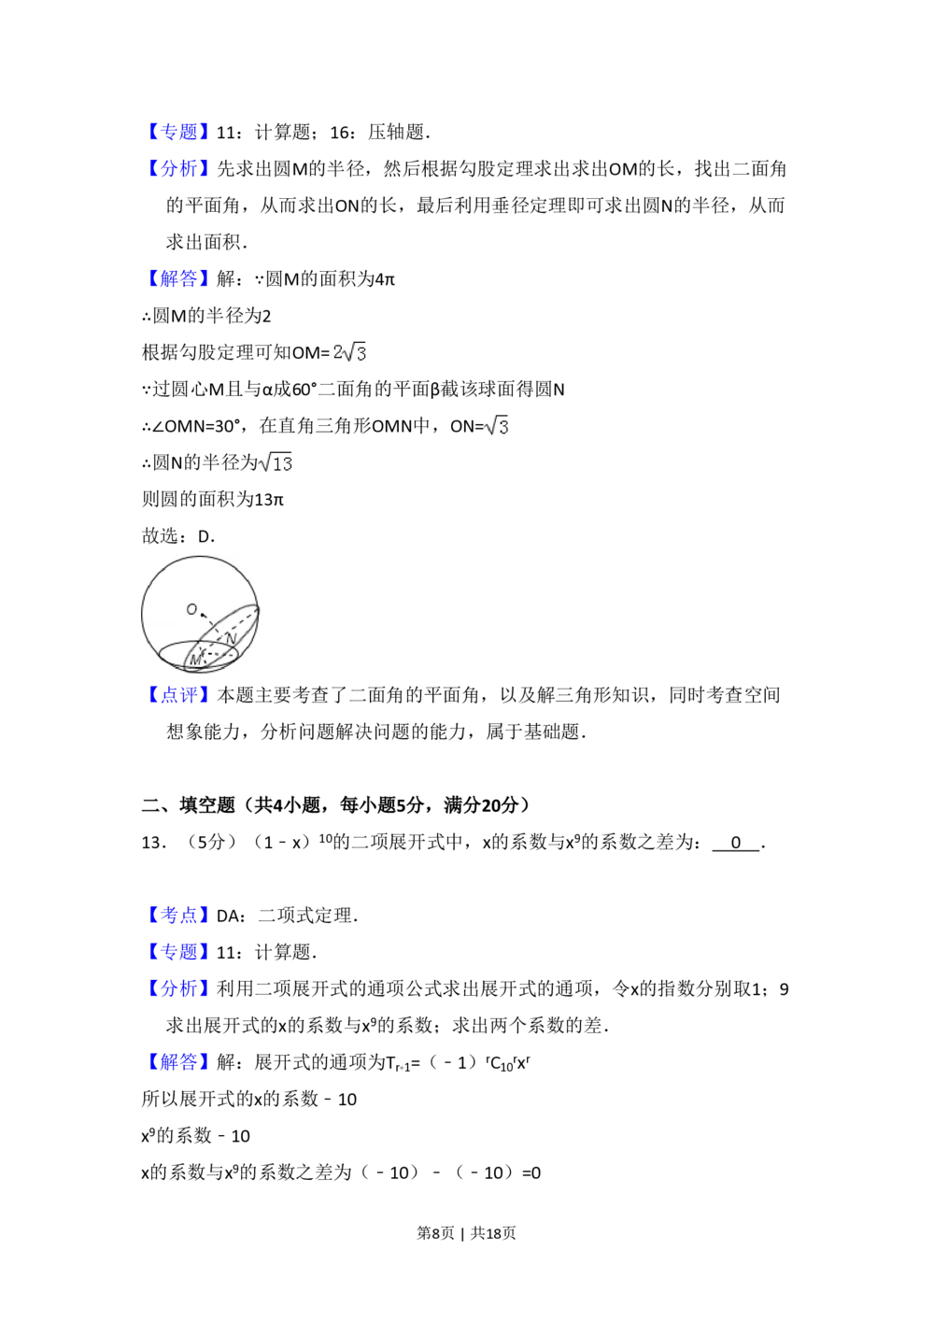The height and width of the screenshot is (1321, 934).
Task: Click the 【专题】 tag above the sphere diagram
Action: click(178, 131)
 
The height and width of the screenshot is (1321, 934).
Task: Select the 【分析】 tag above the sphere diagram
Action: click(178, 168)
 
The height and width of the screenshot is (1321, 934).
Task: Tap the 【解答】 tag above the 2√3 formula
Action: click(178, 279)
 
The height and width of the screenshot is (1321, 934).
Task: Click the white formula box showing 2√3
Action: click(347, 352)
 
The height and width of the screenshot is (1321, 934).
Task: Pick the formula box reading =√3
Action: click(493, 426)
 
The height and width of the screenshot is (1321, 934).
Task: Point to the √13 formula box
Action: click(276, 463)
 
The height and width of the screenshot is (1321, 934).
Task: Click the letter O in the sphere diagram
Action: click(191, 609)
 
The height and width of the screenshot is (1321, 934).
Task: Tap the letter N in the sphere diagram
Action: click(231, 638)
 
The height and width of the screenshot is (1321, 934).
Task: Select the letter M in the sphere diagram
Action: click(195, 660)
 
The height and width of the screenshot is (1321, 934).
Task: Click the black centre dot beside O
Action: click(203, 615)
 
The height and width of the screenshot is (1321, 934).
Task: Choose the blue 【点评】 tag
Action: click(178, 695)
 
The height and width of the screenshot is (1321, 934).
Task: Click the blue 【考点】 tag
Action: click(178, 915)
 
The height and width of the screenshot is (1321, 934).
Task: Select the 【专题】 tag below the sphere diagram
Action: click(178, 952)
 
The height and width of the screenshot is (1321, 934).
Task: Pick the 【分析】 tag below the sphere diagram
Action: click(178, 989)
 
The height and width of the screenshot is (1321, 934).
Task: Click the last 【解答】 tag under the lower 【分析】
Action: click(178, 1062)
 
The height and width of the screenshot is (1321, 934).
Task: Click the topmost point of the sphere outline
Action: click(199, 555)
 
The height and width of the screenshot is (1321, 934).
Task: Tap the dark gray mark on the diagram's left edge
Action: click(138, 615)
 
